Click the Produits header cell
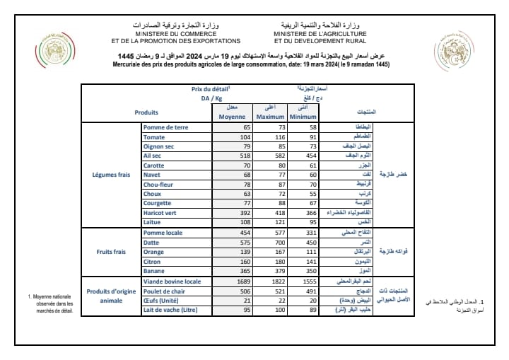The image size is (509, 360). click(146, 112)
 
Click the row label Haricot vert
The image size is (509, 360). click(160, 212)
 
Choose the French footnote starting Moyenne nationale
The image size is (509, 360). click(49, 302)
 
